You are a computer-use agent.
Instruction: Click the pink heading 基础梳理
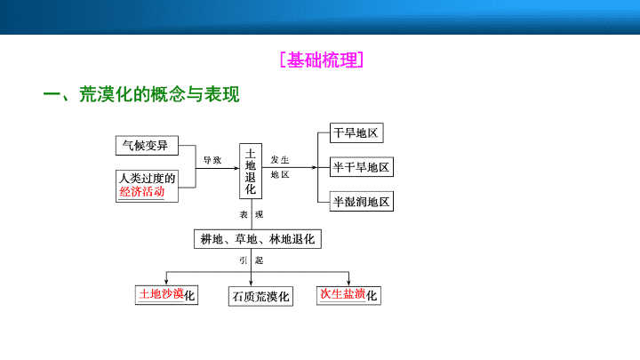coord(322,60)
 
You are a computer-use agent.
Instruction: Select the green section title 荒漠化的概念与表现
coord(159,94)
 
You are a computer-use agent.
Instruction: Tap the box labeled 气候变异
coord(147,145)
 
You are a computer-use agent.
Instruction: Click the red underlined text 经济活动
coord(141,191)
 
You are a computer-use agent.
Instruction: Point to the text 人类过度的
coord(147,178)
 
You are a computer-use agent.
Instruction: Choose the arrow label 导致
coord(212,160)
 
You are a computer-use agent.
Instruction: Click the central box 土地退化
coord(251,171)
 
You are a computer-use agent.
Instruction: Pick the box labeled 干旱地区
coord(356,132)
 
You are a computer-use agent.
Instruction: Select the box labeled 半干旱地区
coord(362,167)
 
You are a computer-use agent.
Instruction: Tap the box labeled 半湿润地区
coord(362,201)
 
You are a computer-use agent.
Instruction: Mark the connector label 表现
coord(252,215)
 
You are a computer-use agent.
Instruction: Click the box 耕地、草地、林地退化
coord(258,239)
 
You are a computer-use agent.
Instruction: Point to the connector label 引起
coord(252,260)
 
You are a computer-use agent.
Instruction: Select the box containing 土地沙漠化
coord(166,295)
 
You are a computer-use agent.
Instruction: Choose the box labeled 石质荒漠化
coord(260,296)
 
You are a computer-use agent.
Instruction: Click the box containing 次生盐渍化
coord(348,295)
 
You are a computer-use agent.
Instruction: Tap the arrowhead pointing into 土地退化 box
coord(236,168)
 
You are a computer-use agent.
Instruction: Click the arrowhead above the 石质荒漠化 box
coord(251,284)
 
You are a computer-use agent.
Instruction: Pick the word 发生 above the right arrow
coord(280,160)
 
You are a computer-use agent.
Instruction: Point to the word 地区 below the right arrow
coord(280,175)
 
